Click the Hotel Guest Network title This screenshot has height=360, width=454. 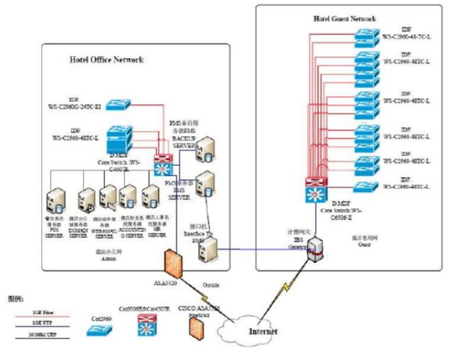[345, 18]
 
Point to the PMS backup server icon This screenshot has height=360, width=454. [206, 147]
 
